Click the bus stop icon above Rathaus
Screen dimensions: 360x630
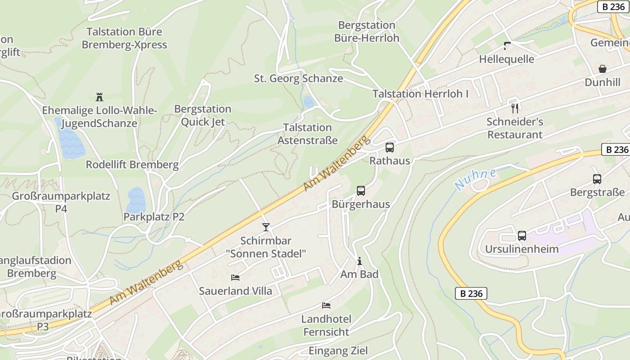[390, 148]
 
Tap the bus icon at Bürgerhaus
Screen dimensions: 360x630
[361, 191]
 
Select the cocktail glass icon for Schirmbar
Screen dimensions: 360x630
[266, 227]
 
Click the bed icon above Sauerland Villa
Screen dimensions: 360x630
[235, 278]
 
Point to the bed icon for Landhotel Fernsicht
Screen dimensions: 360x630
[326, 306]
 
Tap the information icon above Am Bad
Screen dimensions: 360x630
[359, 261]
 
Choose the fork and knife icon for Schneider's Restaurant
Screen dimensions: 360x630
[515, 108]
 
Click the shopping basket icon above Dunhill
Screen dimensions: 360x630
[603, 69]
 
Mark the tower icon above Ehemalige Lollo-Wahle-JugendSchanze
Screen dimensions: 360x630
[99, 97]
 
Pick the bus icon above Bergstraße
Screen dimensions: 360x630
[597, 179]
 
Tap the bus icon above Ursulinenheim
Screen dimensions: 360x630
[522, 236]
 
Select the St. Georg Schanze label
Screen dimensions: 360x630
[298, 79]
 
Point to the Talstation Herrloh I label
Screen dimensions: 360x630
[420, 94]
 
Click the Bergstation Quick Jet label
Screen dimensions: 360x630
[202, 116]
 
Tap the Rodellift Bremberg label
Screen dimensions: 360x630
[132, 165]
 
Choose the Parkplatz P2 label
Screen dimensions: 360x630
[154, 217]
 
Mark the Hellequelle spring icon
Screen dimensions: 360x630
[507, 45]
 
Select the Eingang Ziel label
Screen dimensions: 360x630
[338, 351]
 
